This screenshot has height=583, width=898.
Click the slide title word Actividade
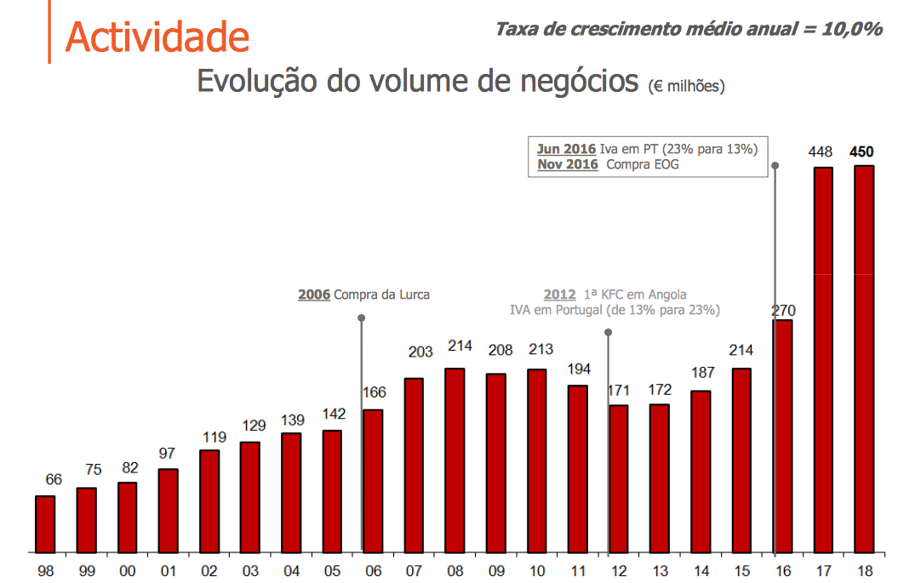[157, 37]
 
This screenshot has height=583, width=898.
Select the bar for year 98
[45, 523]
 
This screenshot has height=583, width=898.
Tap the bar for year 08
[455, 460]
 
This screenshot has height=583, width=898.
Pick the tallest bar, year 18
[864, 357]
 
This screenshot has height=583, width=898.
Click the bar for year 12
[619, 477]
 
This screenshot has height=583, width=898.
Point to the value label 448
[821, 152]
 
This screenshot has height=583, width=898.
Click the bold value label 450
[861, 152]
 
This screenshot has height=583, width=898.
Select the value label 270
[783, 310]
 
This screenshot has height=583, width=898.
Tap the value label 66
[54, 480]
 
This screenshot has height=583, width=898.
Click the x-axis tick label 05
[332, 571]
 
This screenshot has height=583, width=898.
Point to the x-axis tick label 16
[782, 571]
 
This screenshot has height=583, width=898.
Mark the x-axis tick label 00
[127, 571]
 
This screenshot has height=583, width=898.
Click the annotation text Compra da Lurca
[382, 295]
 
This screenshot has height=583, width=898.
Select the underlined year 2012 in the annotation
[560, 295]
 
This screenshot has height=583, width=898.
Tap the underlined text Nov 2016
[568, 164]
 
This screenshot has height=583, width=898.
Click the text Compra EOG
[643, 164]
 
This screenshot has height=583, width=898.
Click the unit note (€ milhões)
[686, 87]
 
